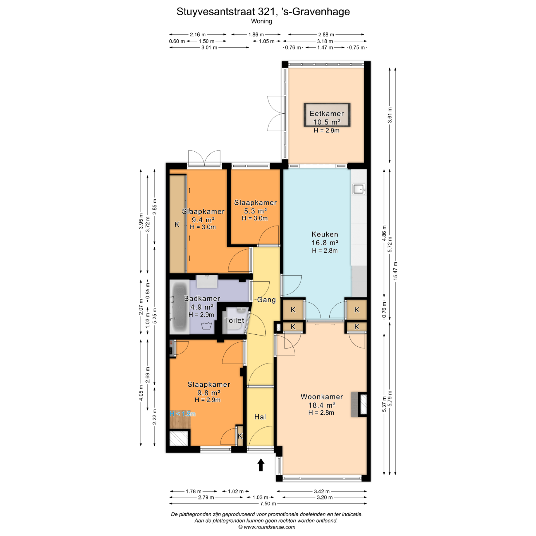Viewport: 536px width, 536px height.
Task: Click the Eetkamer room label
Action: coord(327,114)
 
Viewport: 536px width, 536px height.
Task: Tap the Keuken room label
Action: coord(325,234)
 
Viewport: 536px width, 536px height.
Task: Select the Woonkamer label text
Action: coord(322,397)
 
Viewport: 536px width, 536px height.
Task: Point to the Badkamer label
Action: coord(202,298)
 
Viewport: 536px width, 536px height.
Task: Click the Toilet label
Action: coord(234,320)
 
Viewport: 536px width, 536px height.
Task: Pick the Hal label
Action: coord(260,417)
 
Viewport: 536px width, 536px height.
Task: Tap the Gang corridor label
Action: coord(266,300)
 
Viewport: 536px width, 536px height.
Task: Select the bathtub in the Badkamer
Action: coord(180,307)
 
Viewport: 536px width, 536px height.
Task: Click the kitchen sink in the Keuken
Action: coord(359,189)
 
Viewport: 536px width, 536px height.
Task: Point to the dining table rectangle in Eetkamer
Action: coord(327,115)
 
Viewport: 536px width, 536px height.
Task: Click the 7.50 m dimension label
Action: coord(268,504)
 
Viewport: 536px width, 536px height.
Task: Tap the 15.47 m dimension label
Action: coord(395,271)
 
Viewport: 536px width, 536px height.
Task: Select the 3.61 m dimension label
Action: coord(390,115)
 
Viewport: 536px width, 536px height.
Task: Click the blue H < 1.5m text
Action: coord(183,414)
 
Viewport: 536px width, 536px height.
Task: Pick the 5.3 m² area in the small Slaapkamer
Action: coord(255,211)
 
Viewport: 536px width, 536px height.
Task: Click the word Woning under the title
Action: coord(262,21)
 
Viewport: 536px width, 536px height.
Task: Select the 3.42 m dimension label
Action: coord(322,491)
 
